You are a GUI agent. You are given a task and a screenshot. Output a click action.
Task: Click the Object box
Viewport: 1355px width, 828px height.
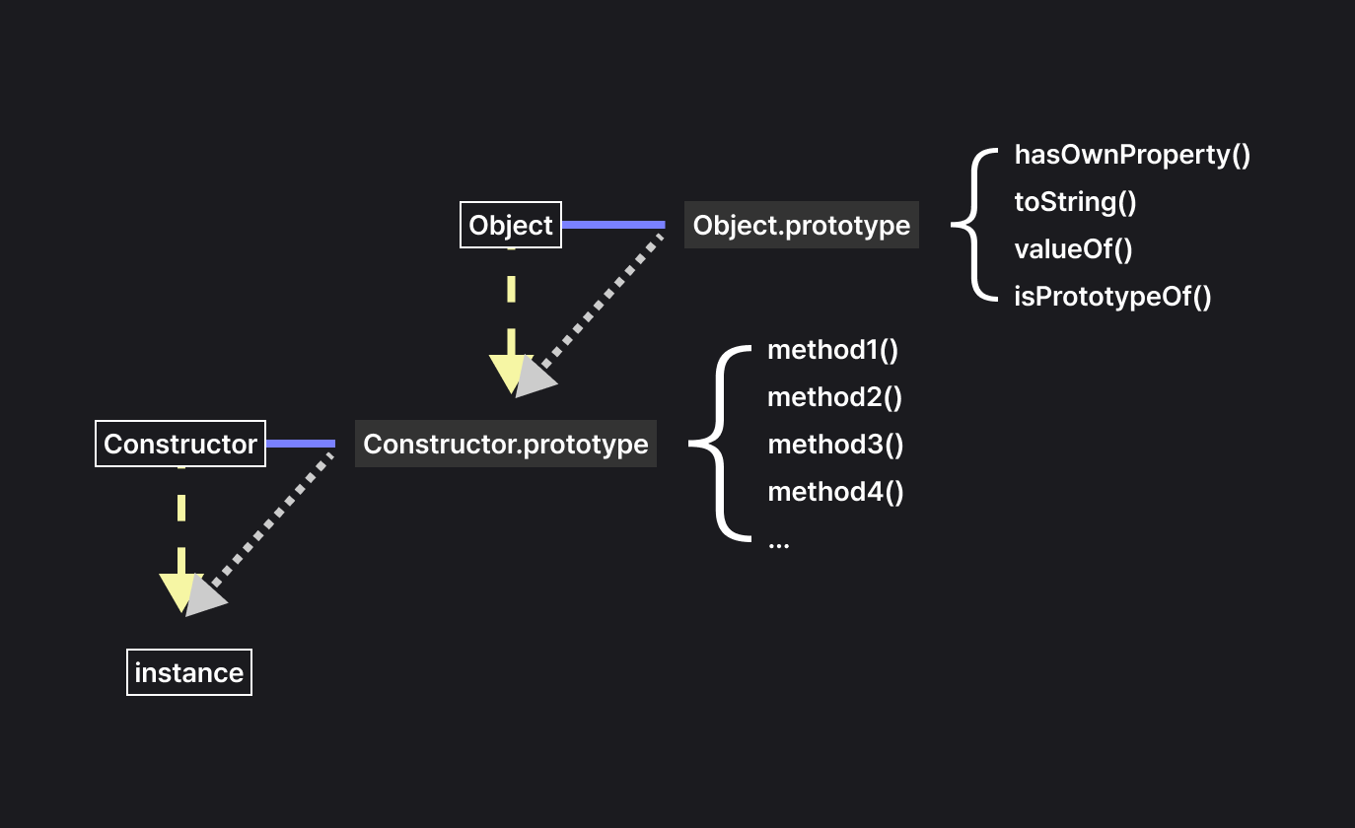tap(511, 225)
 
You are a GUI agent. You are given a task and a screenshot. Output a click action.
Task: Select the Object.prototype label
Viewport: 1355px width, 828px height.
tap(801, 225)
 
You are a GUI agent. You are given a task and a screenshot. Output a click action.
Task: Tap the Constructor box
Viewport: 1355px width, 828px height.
tap(180, 444)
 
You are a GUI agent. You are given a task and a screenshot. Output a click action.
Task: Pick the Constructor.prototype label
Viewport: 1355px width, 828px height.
tap(505, 444)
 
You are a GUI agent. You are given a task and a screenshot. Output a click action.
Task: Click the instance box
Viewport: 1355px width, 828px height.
tap(189, 672)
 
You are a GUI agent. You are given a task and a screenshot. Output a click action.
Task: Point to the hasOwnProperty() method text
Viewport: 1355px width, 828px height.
tap(1132, 155)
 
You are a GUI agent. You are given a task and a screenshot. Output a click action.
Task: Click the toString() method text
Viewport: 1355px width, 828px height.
tap(1075, 202)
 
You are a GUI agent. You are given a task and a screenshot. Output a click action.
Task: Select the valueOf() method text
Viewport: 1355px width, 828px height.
tap(1073, 249)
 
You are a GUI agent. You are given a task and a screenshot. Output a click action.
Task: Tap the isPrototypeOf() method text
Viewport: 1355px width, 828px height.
tap(1112, 297)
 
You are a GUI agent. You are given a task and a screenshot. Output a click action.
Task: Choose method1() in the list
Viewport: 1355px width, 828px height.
tap(833, 350)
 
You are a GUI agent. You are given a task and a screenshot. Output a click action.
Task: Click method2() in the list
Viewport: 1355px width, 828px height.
tap(835, 397)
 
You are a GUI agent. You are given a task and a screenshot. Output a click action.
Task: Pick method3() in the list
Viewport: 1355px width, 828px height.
tap(835, 445)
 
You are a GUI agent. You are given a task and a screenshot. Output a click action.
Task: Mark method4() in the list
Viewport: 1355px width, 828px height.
tap(835, 492)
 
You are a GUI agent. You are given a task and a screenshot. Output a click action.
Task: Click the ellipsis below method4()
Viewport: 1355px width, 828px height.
tap(778, 542)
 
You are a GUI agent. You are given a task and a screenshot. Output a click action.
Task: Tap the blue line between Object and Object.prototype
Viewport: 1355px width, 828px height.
tap(613, 225)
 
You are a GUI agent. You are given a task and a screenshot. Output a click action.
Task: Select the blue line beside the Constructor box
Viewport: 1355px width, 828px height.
tap(301, 444)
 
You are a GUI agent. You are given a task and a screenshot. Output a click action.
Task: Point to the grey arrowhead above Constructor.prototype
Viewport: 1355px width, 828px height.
tap(534, 378)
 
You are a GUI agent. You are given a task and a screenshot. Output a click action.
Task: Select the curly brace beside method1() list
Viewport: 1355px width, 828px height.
tap(718, 444)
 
